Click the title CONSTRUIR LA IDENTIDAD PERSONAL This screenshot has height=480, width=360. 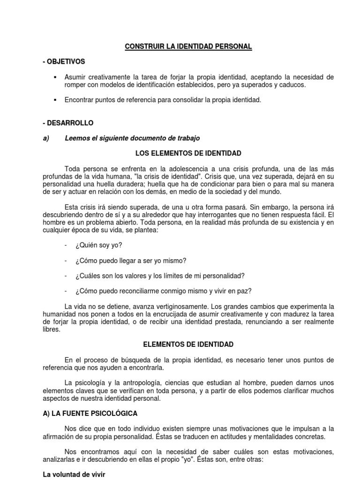pyautogui.click(x=188, y=46)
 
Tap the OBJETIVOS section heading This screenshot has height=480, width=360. pyautogui.click(x=64, y=61)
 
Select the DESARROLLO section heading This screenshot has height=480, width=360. pyautogui.click(x=68, y=123)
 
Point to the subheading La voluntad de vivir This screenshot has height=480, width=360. pyautogui.click(x=74, y=474)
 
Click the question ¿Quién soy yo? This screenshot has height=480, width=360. pyautogui.click(x=98, y=245)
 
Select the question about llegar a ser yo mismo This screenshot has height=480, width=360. pyautogui.click(x=130, y=260)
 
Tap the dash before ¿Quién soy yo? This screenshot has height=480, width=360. pyautogui.click(x=66, y=245)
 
